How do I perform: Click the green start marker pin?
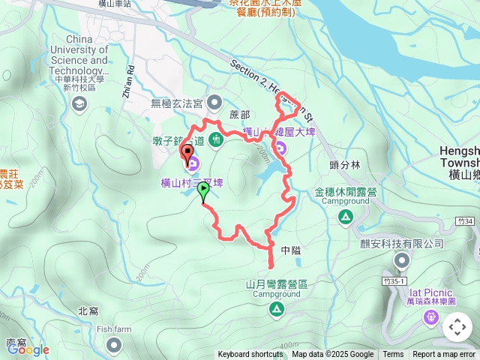click(x=202, y=191)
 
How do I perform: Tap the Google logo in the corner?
click(x=28, y=349)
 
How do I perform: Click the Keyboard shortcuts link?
click(x=251, y=355)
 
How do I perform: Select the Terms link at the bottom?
click(x=393, y=355)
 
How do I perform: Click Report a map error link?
click(x=445, y=355)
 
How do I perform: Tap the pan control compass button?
click(x=457, y=327)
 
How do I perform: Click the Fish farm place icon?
click(x=114, y=344)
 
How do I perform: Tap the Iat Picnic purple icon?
click(x=431, y=317)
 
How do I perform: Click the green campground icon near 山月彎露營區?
click(x=277, y=309)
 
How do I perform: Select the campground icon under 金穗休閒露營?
click(x=345, y=217)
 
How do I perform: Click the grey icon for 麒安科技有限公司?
click(x=402, y=260)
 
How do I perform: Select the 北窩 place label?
click(x=88, y=310)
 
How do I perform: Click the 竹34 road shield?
click(x=464, y=222)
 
